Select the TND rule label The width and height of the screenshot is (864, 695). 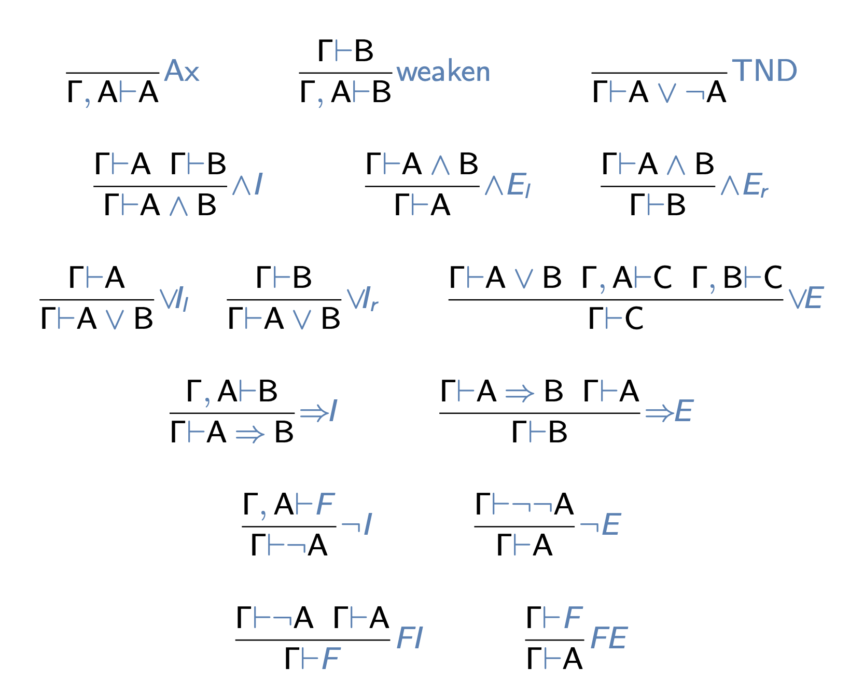(764, 71)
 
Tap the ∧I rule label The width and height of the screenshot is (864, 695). (247, 184)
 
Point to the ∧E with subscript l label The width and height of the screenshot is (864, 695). (508, 185)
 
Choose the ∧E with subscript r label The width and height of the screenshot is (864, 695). (744, 185)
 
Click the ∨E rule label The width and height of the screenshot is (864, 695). (805, 298)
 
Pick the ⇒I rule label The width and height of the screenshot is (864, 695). (319, 411)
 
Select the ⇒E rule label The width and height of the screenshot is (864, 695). (669, 411)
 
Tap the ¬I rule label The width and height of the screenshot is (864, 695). (357, 524)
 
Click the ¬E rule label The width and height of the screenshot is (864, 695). (600, 524)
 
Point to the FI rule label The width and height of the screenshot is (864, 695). (410, 638)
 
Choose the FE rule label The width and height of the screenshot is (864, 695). (609, 638)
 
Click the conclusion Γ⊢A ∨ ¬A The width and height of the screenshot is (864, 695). (659, 92)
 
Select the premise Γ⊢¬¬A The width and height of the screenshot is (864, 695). (524, 504)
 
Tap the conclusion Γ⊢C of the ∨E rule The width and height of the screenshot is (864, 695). (616, 318)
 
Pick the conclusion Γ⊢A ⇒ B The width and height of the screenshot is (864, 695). (232, 432)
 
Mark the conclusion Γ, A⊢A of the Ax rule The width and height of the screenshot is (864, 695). (113, 92)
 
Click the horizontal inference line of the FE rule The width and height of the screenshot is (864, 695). (554, 640)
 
